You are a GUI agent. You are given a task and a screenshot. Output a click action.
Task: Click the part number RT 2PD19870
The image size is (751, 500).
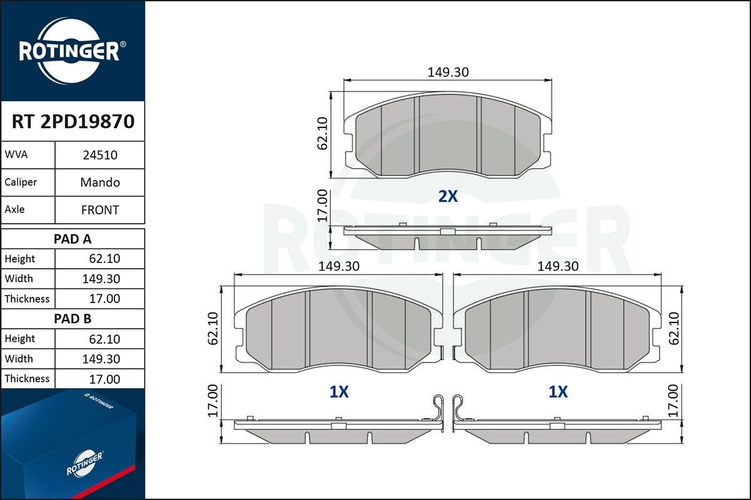coord(73,121)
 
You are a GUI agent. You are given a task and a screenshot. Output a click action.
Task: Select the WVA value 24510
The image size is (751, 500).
coord(100,155)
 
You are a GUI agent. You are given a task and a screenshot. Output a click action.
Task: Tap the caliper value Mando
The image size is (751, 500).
coord(100,182)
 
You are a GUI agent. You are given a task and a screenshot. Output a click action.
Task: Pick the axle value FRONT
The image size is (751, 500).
coord(100,210)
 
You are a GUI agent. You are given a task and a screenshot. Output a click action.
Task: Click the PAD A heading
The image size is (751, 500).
coord(73,239)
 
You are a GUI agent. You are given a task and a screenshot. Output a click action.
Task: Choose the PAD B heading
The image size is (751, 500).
coord(73,319)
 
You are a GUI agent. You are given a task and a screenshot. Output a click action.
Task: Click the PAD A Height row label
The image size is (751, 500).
coord(20,259)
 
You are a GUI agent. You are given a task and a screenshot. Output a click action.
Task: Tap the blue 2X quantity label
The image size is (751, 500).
coord(447,197)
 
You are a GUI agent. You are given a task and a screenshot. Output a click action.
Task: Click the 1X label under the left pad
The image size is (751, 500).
coord(339,392)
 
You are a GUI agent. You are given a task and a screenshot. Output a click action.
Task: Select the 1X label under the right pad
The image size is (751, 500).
coord(558,392)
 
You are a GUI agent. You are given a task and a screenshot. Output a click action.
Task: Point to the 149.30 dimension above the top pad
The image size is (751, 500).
coord(448,72)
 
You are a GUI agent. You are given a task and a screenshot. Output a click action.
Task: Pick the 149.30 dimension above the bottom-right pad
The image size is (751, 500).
coord(558,266)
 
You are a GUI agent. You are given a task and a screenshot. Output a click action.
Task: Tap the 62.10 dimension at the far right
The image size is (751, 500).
coord(673,329)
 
